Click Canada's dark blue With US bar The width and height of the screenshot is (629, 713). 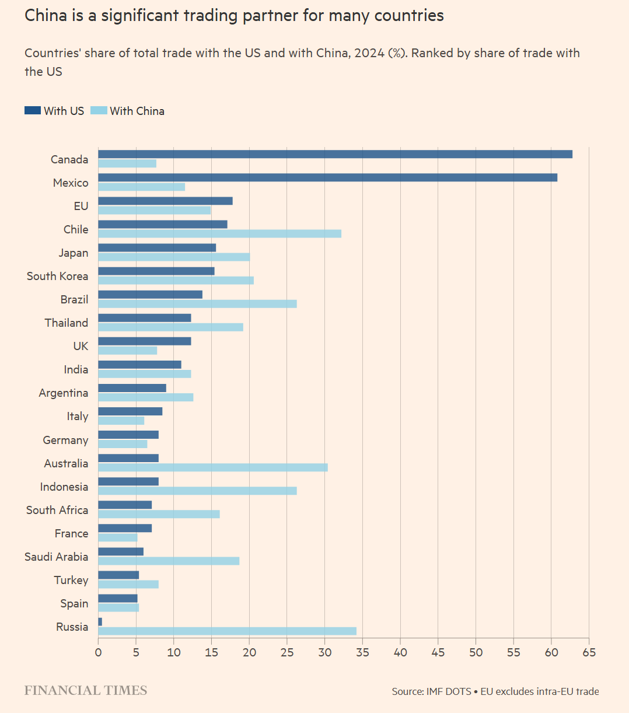point(335,154)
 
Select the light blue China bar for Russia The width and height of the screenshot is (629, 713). point(227,631)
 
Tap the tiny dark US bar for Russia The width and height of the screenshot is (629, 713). point(100,622)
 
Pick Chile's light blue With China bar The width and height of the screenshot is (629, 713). point(219,234)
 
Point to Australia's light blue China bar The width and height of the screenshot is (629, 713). point(213,467)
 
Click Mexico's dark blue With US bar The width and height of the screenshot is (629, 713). point(327,177)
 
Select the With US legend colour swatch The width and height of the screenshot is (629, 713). point(33,111)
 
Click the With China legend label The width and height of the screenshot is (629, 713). point(137,111)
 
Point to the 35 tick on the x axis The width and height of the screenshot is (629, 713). point(362,652)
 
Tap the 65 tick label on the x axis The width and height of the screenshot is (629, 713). point(589,652)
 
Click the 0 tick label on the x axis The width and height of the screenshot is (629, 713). point(98,652)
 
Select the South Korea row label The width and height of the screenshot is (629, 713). point(57,276)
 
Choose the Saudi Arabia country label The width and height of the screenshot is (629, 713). point(56,557)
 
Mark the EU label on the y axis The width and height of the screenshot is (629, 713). point(81,206)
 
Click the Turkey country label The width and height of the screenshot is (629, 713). point(71,580)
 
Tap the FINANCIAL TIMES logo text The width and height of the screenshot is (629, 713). point(86,691)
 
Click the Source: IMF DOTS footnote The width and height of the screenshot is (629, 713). point(431,691)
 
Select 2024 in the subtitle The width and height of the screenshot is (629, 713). point(369,53)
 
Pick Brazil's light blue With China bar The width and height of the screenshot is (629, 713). point(197,304)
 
